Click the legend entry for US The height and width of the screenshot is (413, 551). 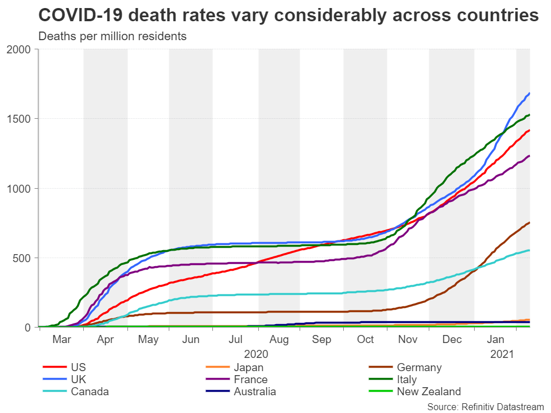point(78,368)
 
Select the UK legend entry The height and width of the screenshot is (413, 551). point(78,380)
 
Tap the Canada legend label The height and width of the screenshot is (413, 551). point(90,392)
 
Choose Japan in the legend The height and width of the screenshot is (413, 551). point(249,368)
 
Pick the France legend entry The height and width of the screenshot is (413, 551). point(250,380)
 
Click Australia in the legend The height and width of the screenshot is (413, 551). point(255,392)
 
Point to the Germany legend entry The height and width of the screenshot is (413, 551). point(419,368)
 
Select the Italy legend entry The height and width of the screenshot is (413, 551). point(406,380)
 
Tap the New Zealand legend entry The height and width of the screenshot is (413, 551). point(429,392)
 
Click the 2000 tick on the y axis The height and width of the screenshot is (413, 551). point(21,49)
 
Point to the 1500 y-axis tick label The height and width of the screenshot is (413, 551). point(21,119)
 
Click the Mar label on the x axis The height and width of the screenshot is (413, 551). point(62,340)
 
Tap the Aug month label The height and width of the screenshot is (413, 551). point(278,340)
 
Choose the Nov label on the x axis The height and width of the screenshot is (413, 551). point(408,340)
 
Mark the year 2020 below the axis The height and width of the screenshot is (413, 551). point(256,354)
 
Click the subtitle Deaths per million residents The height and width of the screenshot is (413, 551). point(112,36)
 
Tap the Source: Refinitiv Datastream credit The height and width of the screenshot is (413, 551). point(485,406)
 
